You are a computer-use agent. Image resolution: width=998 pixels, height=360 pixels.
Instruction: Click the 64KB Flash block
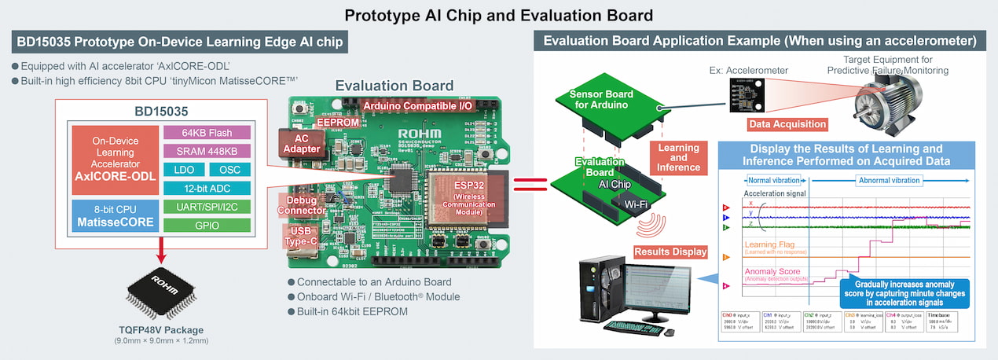pyautogui.click(x=207, y=132)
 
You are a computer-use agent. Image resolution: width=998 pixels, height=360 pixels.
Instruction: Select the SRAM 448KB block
pyautogui.click(x=207, y=150)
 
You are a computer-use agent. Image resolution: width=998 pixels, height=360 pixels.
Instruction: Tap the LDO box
pyautogui.click(x=183, y=169)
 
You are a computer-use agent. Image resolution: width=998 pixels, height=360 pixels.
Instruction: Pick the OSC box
pyautogui.click(x=230, y=169)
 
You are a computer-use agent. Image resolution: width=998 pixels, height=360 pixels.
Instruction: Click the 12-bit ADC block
pyautogui.click(x=207, y=188)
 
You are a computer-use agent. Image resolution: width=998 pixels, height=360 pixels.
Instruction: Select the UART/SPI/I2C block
pyautogui.click(x=207, y=207)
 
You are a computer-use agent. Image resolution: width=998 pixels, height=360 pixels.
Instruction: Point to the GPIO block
pyautogui.click(x=207, y=226)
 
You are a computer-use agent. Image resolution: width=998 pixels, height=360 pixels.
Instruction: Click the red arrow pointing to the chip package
pyautogui.click(x=160, y=253)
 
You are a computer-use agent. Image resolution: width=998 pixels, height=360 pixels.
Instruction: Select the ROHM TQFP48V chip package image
pyautogui.click(x=160, y=290)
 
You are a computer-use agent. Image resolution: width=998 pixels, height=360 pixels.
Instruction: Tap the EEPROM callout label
pyautogui.click(x=337, y=123)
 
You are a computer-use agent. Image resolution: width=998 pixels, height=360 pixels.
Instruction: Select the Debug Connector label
pyautogui.click(x=302, y=204)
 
